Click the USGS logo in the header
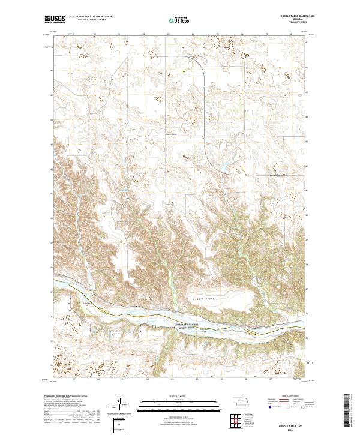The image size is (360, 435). (x=55, y=20)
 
